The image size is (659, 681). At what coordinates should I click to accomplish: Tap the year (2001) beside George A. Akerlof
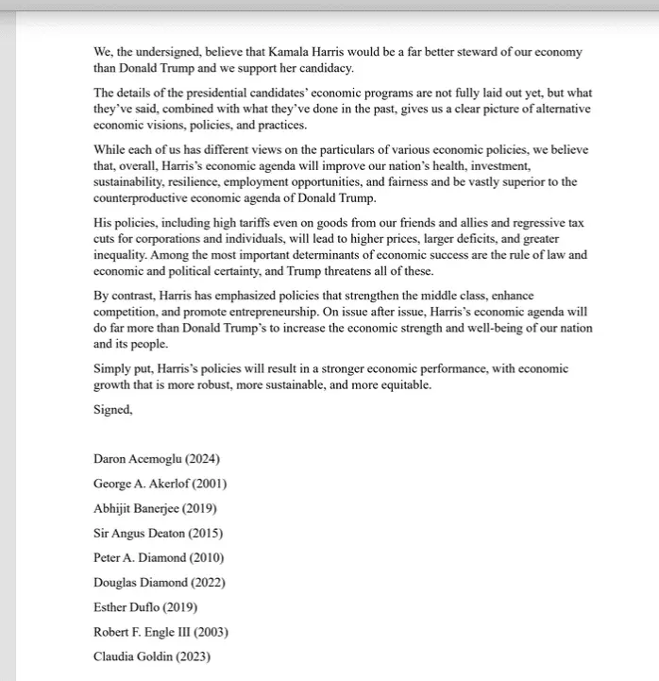(207, 484)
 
